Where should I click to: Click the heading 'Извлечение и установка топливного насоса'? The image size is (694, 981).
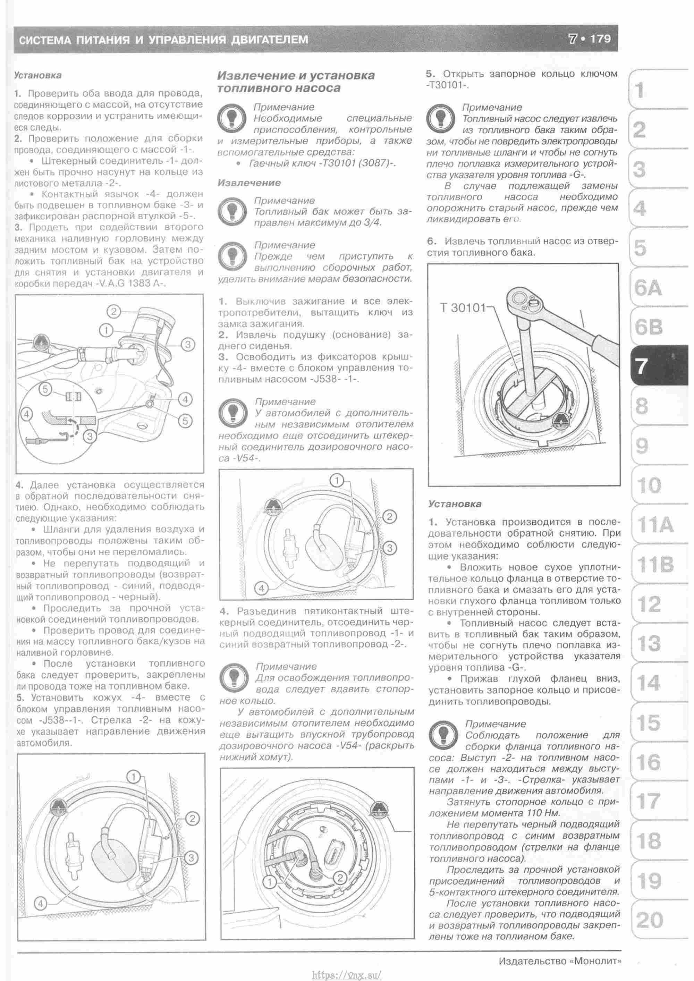point(298,83)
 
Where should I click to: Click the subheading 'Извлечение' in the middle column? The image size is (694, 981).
point(251,184)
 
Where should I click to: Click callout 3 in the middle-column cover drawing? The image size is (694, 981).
point(393,552)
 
